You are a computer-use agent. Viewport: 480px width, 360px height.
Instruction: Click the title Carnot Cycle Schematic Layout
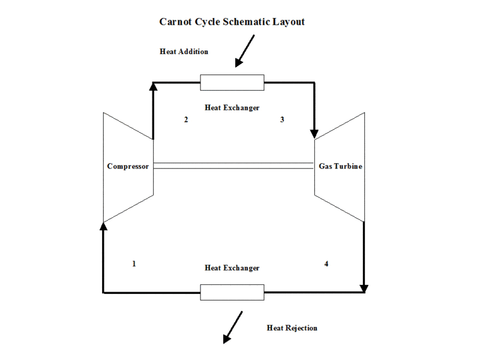pos(232,22)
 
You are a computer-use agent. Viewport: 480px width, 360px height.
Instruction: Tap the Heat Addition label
pos(184,52)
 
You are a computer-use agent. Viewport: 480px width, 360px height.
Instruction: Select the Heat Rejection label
pos(292,328)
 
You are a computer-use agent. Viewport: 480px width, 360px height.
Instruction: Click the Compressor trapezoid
pos(128,166)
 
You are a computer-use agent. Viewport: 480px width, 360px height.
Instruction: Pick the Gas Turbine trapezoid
pos(340,166)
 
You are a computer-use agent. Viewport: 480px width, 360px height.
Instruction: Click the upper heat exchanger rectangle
pos(232,82)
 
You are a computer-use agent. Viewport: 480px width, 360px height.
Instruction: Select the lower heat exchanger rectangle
pos(232,292)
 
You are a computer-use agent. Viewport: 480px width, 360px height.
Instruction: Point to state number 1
pos(134,263)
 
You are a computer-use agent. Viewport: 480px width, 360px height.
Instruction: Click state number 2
pos(186,119)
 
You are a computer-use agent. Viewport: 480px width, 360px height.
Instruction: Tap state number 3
pos(282,119)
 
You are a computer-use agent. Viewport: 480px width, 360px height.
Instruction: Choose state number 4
pos(326,263)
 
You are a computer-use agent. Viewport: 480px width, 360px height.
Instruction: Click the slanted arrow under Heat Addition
pos(245,50)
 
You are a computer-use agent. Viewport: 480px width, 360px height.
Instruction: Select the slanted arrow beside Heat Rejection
pos(233,327)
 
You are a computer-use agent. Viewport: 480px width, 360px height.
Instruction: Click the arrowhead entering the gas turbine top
pos(314,133)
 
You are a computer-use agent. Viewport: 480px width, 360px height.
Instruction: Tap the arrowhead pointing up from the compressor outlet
pos(153,86)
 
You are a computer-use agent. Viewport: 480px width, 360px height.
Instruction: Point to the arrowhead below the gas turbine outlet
pos(364,289)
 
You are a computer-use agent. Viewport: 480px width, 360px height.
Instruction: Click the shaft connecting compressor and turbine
pos(234,166)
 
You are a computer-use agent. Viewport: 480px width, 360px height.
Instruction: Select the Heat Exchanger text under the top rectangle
pos(232,108)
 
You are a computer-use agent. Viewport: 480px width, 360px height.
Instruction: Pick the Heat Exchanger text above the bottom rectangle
pos(232,268)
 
